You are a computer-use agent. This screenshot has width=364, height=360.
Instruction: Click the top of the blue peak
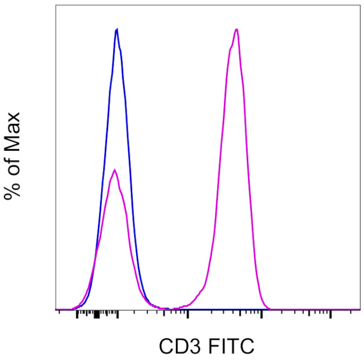[116, 29]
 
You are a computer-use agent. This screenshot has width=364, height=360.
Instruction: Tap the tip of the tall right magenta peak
[237, 29]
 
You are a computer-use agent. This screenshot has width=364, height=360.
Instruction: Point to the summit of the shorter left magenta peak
[114, 169]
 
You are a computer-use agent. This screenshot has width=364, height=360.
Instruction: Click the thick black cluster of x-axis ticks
[97, 315]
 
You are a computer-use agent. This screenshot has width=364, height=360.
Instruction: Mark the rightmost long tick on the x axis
[330, 315]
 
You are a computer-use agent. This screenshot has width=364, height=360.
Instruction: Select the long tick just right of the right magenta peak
[261, 315]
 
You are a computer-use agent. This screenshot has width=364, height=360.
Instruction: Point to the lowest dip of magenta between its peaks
[171, 308]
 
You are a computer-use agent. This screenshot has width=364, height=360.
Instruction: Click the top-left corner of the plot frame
[56, 6]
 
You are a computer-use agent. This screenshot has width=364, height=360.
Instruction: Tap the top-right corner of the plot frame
[360, 6]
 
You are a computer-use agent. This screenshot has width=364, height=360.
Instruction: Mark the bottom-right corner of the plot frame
[360, 310]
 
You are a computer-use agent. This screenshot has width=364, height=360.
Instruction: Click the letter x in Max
[13, 117]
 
